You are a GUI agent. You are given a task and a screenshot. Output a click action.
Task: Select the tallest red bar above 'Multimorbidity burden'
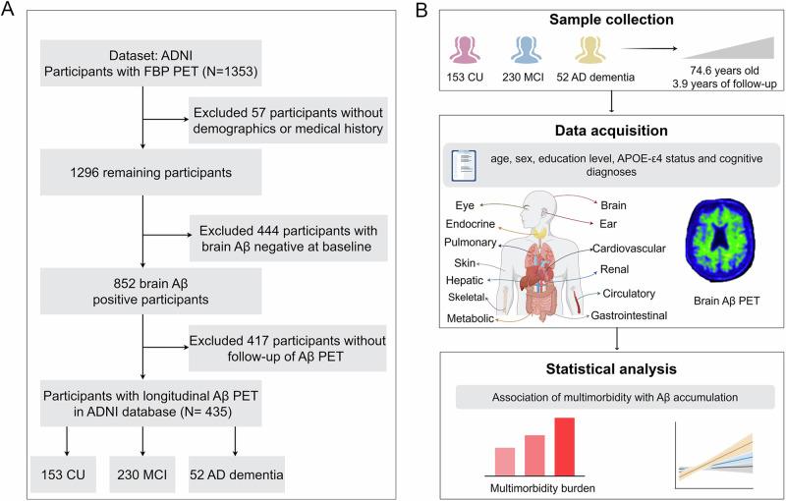tap(565, 446)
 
